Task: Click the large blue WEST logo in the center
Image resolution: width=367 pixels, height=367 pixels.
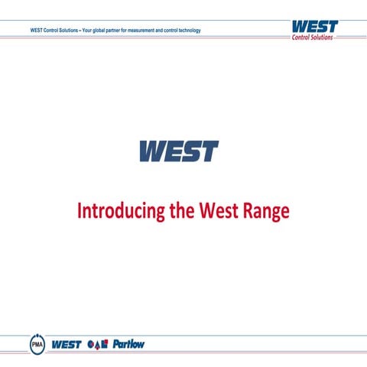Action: (178, 151)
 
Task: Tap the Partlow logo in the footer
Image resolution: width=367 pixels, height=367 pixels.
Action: (128, 344)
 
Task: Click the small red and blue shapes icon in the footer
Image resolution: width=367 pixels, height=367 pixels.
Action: (99, 344)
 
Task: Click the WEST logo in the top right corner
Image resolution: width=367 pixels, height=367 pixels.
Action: (313, 26)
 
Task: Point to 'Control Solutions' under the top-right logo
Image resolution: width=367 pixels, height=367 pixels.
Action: (313, 37)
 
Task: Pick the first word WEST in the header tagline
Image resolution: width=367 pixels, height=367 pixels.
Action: (35, 30)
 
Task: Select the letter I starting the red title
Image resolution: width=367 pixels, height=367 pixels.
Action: (80, 211)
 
